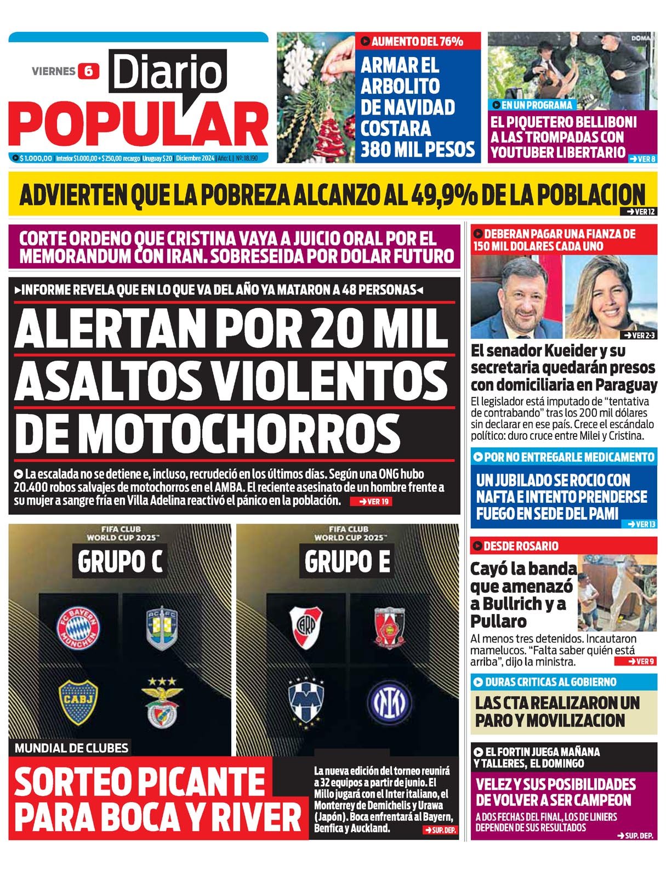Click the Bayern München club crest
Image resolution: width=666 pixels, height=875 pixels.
[x=79, y=628]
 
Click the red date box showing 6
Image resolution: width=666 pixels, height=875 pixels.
[x=88, y=71]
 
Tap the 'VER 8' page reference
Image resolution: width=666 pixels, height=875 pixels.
[x=642, y=158]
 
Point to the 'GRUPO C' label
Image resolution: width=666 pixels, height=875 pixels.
[x=120, y=561]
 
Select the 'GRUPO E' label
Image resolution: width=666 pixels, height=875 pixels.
[x=347, y=561]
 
